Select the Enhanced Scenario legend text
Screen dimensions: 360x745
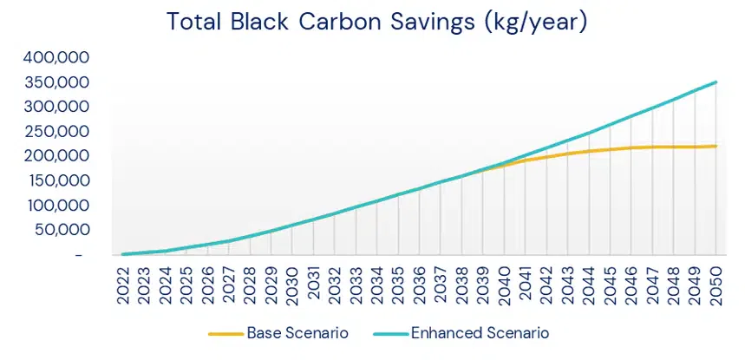point(480,332)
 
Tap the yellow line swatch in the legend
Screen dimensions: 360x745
point(225,333)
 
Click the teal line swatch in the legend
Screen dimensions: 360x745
point(388,333)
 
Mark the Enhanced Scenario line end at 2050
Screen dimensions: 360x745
point(715,82)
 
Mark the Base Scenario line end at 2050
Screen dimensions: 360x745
point(715,146)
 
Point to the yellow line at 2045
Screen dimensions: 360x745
point(610,149)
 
